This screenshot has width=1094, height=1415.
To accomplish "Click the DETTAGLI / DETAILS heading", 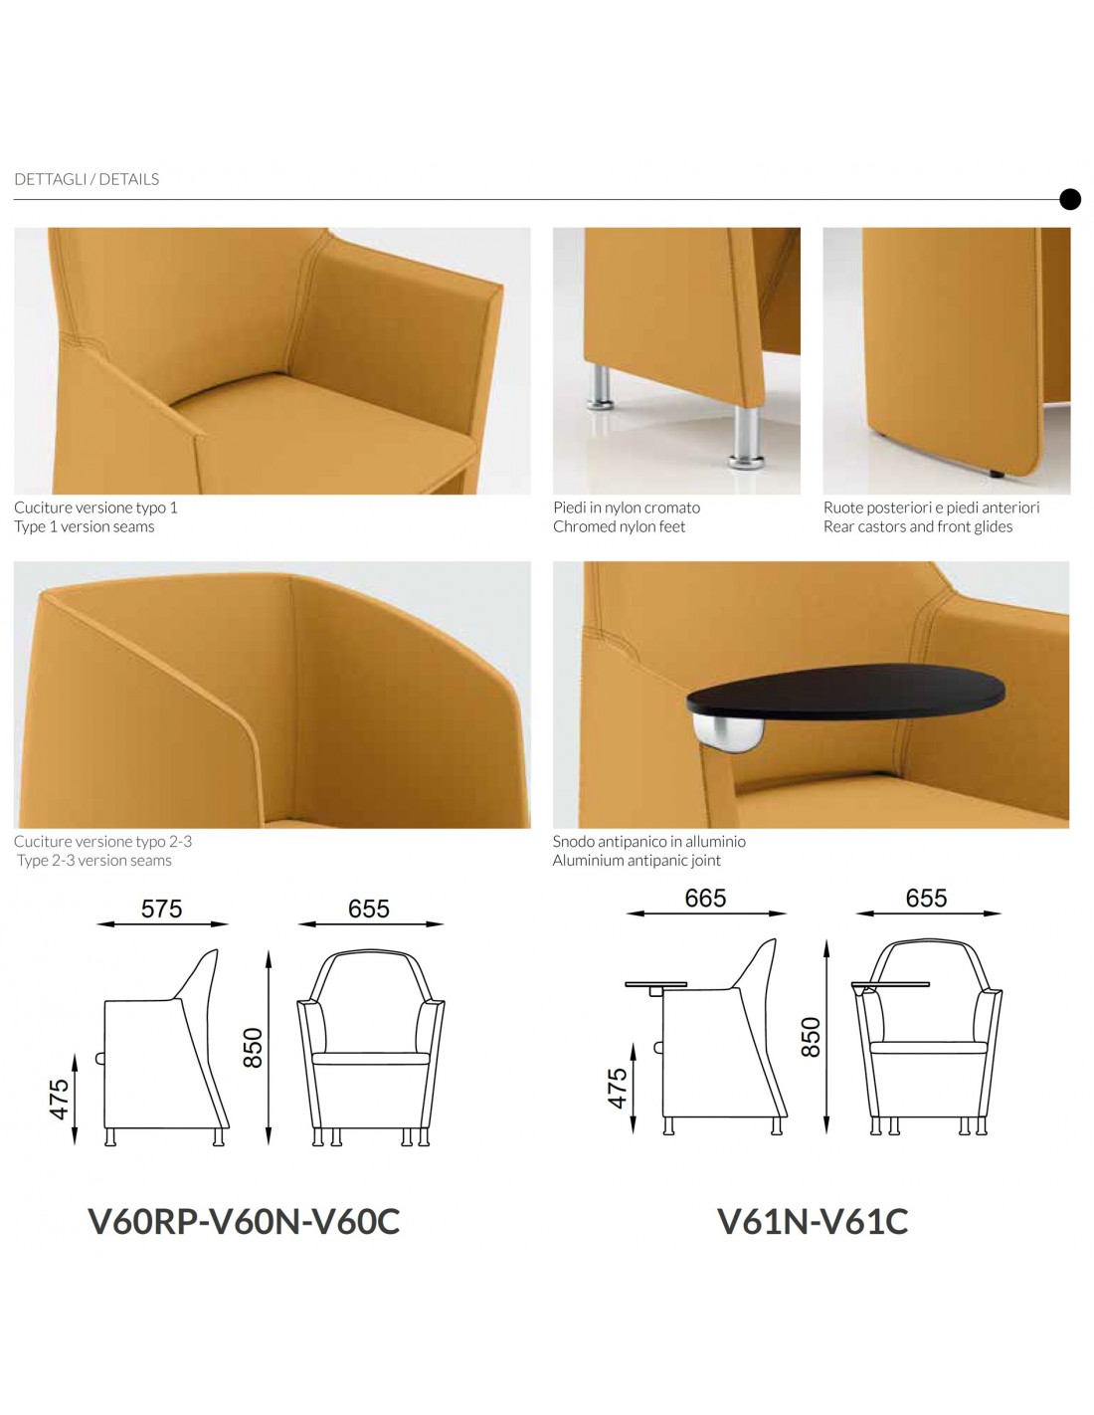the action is point(87,179).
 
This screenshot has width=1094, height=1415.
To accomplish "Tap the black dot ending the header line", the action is point(1070,199).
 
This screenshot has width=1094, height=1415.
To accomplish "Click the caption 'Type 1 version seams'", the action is point(84,526).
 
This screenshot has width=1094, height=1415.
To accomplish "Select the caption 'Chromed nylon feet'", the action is point(619,526).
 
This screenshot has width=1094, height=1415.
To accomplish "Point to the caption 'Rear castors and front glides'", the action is point(918,526).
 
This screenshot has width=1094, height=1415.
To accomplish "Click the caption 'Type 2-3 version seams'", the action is point(94,860).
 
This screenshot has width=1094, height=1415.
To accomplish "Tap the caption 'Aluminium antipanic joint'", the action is point(637,860).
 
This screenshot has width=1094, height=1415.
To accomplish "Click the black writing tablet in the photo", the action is point(845,693).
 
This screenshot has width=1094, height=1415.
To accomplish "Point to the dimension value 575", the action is point(161,909).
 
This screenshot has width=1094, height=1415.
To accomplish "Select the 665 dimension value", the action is point(705,898).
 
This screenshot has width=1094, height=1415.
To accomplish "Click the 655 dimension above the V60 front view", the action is point(368,909).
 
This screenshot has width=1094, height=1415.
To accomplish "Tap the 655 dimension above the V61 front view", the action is point(926,898).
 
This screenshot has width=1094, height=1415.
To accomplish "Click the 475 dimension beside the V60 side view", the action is point(60,1100).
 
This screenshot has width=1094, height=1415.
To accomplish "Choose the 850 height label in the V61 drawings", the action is point(811,1037).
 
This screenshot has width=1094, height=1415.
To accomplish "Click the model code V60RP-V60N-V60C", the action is point(244,1221).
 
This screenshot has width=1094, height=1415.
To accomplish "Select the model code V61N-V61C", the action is point(813,1221).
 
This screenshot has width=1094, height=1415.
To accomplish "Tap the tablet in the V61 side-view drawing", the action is point(656,984).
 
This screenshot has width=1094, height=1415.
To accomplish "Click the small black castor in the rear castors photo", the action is point(997,474).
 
